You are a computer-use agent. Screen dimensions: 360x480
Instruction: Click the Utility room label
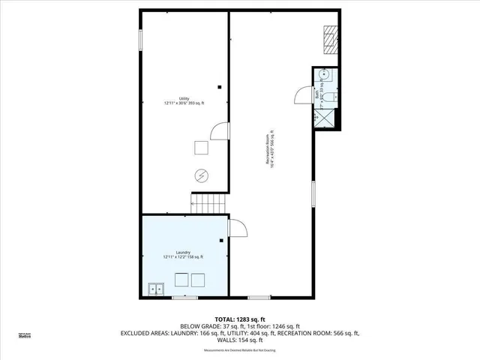[183, 100]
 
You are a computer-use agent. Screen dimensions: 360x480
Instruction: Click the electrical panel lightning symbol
[201, 175]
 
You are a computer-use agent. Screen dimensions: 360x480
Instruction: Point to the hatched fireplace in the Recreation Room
[330, 37]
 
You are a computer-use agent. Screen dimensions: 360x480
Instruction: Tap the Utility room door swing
[219, 132]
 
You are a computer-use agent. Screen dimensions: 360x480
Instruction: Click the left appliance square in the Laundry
[181, 280]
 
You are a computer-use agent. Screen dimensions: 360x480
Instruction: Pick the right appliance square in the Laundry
[198, 280]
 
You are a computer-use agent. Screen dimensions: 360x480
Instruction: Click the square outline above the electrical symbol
[201, 148]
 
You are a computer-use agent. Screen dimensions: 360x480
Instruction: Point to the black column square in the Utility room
[219, 85]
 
